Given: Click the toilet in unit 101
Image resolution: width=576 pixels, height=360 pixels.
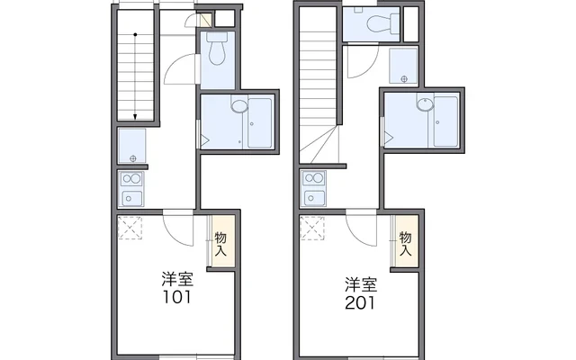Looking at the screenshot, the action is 217,49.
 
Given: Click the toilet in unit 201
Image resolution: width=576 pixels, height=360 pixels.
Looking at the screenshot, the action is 382,23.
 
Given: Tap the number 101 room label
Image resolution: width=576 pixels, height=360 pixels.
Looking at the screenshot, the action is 176,297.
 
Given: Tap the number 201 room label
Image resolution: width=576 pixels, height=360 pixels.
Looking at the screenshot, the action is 360,302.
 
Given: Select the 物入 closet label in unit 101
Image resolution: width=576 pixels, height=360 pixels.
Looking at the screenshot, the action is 220,244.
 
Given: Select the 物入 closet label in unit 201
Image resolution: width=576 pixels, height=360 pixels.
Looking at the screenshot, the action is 405,244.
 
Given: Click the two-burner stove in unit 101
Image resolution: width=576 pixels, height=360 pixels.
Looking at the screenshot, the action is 131,179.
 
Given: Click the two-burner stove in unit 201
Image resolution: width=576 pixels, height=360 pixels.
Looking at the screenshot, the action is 313,179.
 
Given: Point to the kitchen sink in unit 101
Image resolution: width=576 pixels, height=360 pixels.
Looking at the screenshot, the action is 132,199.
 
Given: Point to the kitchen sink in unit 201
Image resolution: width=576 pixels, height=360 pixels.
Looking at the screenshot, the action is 314,199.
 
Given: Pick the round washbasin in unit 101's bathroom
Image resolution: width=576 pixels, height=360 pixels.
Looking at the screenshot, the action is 239,105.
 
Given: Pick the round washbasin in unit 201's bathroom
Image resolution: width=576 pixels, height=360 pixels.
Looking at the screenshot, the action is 425,103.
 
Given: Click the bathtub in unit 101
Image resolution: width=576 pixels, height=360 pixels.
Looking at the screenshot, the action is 260,122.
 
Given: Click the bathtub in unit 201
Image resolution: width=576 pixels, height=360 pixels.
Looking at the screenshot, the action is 445,121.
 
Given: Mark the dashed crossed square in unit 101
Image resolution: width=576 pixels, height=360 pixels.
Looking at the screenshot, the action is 130,228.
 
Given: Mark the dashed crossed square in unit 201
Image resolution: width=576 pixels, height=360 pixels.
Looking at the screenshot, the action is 312,228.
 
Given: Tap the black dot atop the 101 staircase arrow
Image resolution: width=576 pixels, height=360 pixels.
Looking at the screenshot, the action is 135,35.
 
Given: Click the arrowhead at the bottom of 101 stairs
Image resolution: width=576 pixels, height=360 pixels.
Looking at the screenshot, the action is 135,117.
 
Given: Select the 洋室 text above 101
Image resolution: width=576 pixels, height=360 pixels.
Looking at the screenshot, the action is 177,280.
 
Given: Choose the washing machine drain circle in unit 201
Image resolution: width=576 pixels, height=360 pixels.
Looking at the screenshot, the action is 404,78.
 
